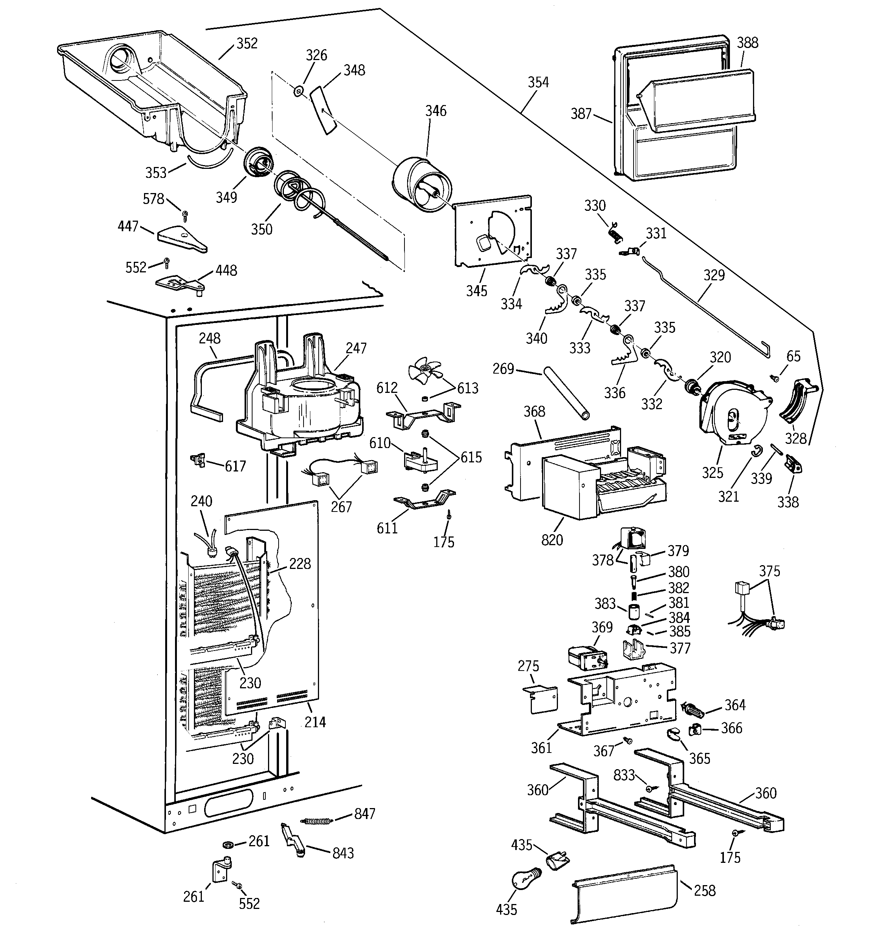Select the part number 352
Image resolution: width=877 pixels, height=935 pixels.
click(x=247, y=43)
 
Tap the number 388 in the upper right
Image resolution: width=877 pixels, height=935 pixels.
click(x=748, y=43)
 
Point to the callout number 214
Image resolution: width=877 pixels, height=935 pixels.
click(x=315, y=722)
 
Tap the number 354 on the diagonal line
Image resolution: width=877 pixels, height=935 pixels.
click(x=538, y=82)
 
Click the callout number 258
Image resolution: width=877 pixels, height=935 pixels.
click(x=705, y=890)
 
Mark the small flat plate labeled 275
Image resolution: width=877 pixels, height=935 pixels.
click(x=541, y=699)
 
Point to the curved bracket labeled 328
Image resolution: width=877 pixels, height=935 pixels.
click(x=798, y=402)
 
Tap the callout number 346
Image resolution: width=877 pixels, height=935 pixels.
click(x=436, y=111)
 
